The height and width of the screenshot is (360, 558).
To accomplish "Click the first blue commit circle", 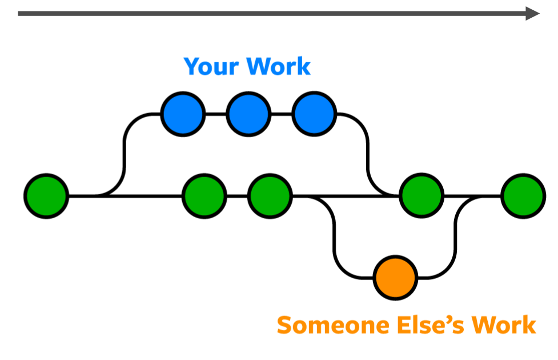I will [183, 114].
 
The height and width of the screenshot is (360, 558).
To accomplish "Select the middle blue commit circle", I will [248, 114].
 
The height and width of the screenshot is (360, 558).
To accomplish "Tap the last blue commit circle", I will [314, 114].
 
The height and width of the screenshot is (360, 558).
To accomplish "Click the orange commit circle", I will [395, 278].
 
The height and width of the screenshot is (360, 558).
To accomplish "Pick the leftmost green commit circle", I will [46, 196].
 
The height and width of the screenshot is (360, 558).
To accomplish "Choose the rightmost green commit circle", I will [523, 196].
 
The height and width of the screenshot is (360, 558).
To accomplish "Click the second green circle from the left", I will [204, 196].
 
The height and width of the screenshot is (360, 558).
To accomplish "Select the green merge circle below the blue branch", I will [421, 196].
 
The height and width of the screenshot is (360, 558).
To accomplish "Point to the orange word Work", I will [503, 325].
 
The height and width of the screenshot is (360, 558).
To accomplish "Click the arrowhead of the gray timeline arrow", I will [532, 13].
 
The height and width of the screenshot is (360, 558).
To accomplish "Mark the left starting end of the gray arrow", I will [21, 13].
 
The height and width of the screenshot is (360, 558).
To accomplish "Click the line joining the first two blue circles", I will [215, 114].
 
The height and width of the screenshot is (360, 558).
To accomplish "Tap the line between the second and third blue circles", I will [281, 114].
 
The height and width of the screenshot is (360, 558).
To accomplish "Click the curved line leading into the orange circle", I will [336, 251].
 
